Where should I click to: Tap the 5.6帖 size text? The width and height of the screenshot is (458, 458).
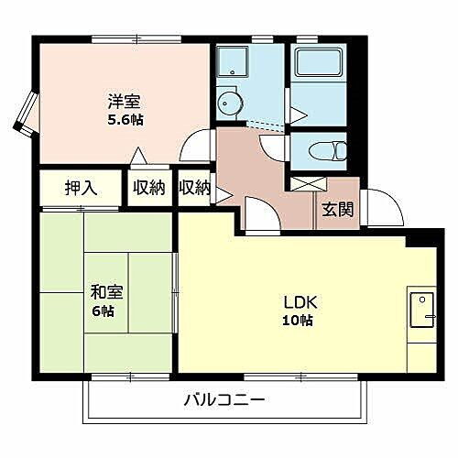click(125, 119)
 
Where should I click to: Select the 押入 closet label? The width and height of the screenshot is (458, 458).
click(81, 188)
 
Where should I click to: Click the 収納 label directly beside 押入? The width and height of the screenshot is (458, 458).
click(148, 188)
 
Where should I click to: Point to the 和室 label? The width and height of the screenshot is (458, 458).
click(103, 293)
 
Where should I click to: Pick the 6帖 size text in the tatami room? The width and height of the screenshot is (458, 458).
click(103, 311)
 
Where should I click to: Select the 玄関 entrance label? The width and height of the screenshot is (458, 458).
click(336, 208)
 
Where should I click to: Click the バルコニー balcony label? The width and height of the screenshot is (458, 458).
click(224, 400)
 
